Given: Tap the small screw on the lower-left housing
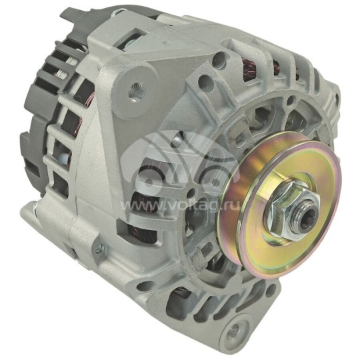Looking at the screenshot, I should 99,250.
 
